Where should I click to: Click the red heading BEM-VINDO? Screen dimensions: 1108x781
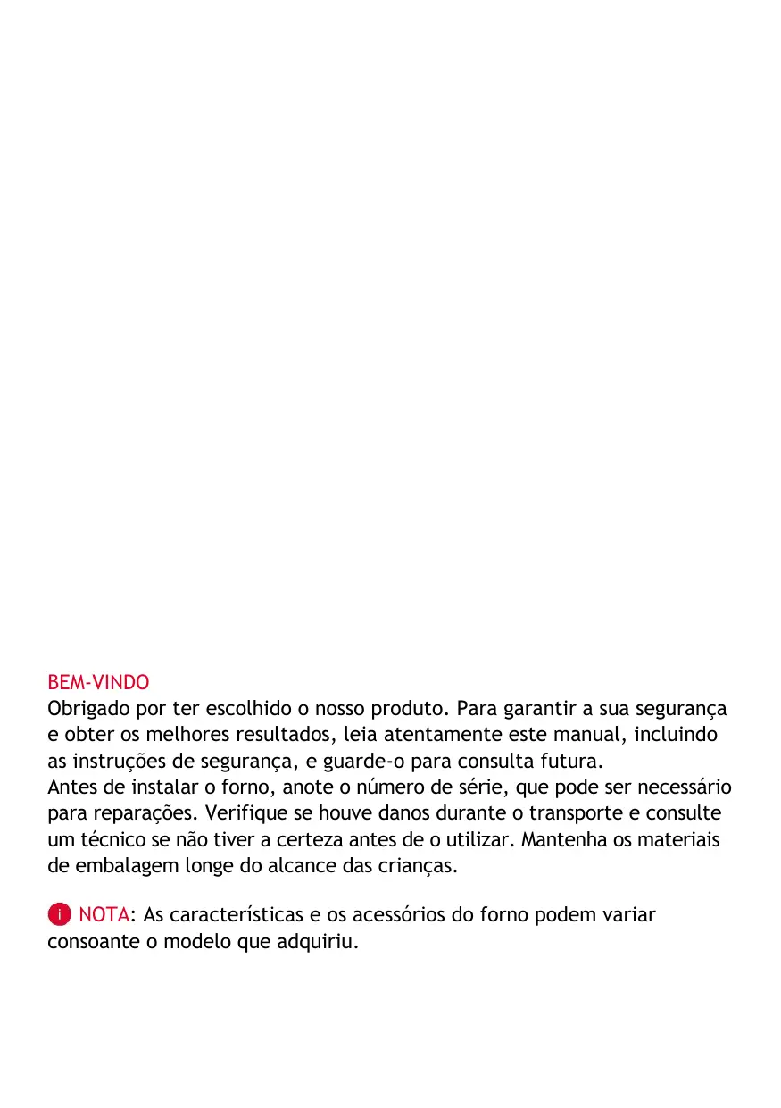pyautogui.click(x=98, y=683)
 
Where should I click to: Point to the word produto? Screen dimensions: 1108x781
pyautogui.click(x=413, y=710)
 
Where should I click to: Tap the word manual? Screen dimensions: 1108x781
pyautogui.click(x=594, y=736)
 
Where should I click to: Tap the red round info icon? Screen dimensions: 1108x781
pyautogui.click(x=59, y=915)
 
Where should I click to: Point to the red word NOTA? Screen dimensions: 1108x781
pyautogui.click(x=104, y=915)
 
